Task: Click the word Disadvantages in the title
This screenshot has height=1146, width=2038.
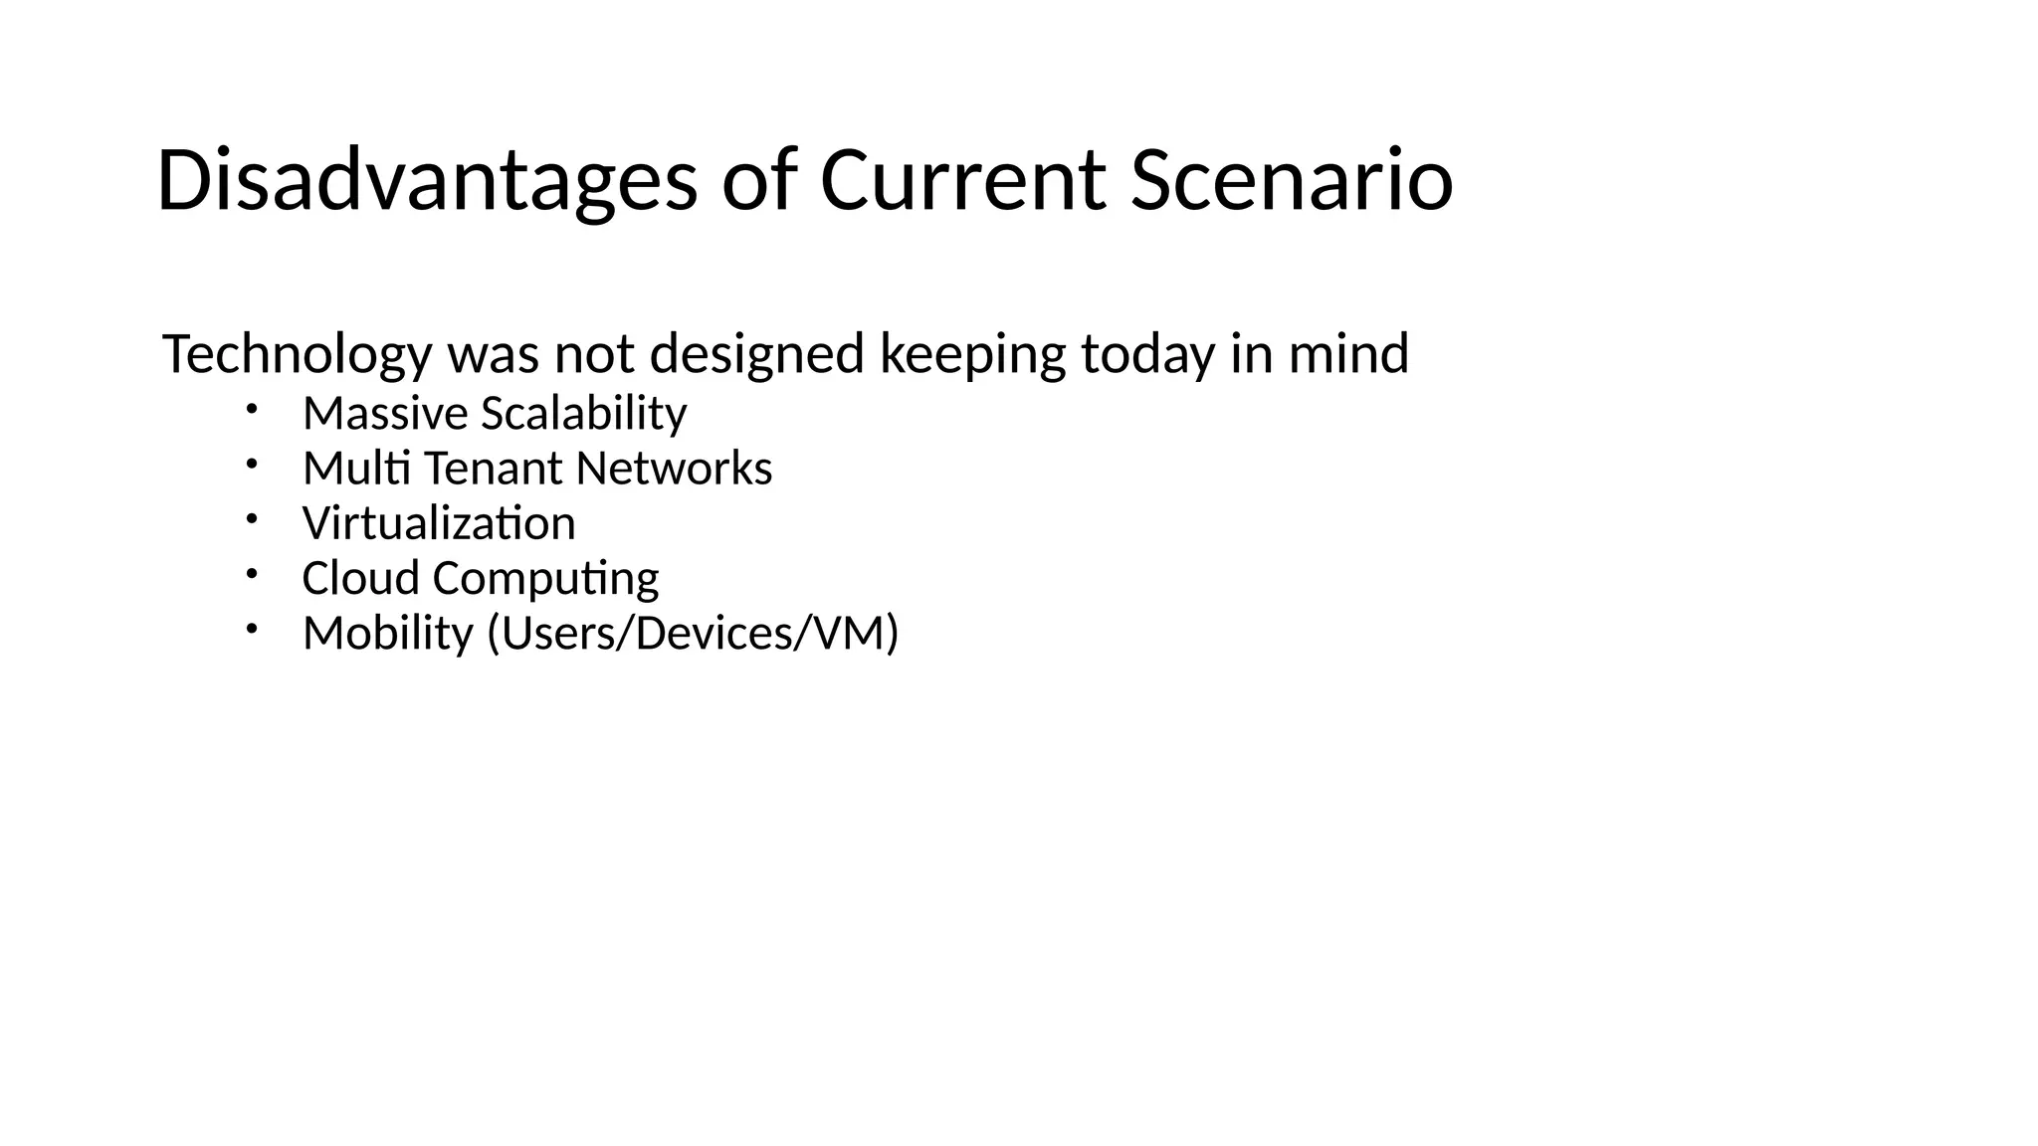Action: click(x=427, y=181)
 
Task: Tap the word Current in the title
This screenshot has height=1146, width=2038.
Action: click(x=962, y=181)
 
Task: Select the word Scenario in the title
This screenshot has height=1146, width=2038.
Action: click(x=1292, y=181)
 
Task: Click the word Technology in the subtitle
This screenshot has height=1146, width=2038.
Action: click(x=297, y=354)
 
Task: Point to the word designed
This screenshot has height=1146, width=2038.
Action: click(x=756, y=354)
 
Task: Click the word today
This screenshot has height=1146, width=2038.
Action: click(x=1147, y=354)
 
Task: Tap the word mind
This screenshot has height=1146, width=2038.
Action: click(x=1348, y=354)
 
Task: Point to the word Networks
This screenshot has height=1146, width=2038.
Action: click(x=674, y=469)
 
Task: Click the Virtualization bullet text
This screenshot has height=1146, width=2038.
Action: click(x=439, y=523)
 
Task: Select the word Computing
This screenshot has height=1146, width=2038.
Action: click(x=545, y=579)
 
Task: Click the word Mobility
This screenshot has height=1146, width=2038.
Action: click(x=387, y=634)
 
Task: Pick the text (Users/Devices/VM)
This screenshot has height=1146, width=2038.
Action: click(x=693, y=634)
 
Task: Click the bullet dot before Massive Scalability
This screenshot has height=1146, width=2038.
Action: click(x=253, y=408)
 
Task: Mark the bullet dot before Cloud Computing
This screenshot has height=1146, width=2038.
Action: click(x=253, y=573)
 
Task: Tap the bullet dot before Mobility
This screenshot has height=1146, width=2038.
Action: click(x=253, y=628)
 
